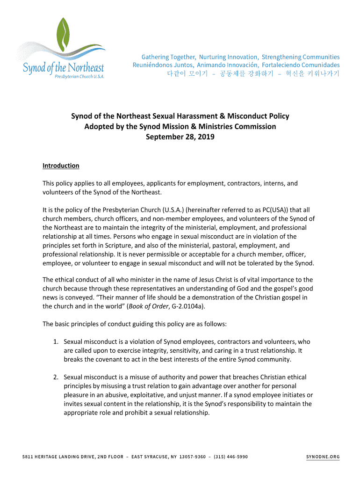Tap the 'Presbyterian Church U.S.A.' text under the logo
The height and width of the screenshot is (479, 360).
[x=79, y=75]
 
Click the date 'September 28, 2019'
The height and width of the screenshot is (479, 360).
[x=180, y=137]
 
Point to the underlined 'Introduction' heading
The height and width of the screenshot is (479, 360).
[x=61, y=166]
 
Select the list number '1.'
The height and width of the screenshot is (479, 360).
[x=56, y=341]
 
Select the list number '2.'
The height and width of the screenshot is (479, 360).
[x=56, y=377]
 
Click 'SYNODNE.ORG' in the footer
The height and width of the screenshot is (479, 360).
[x=323, y=457]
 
